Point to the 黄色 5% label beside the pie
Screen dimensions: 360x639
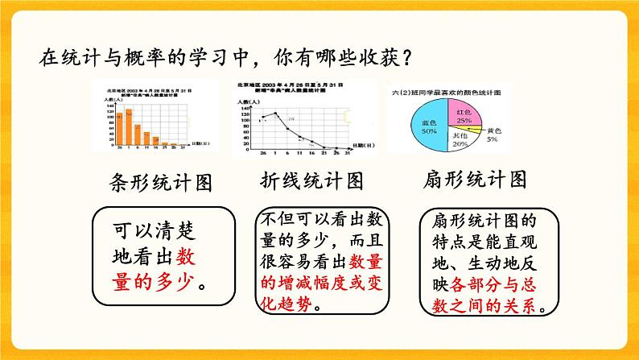click(x=492, y=134)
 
